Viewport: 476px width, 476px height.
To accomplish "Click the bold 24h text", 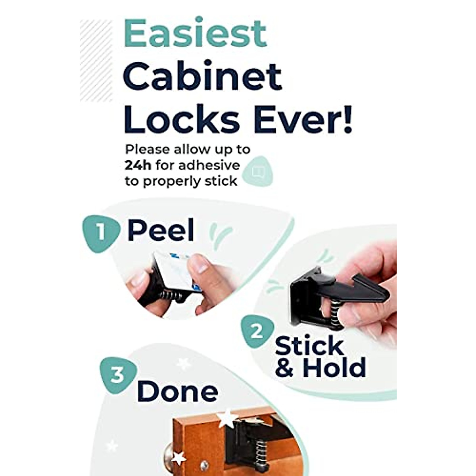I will click(x=138, y=165).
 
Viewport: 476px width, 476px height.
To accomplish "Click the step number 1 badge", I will click(x=100, y=232).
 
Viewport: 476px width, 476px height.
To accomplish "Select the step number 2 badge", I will click(x=257, y=331).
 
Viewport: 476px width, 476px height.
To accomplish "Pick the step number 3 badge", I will click(x=117, y=374).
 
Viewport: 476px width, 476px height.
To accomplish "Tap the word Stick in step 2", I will click(x=309, y=346).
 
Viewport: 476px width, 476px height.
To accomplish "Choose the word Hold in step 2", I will click(x=334, y=368).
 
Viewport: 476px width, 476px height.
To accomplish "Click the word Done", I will click(x=177, y=392).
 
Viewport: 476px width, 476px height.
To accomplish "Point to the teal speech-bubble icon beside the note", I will click(x=258, y=171).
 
